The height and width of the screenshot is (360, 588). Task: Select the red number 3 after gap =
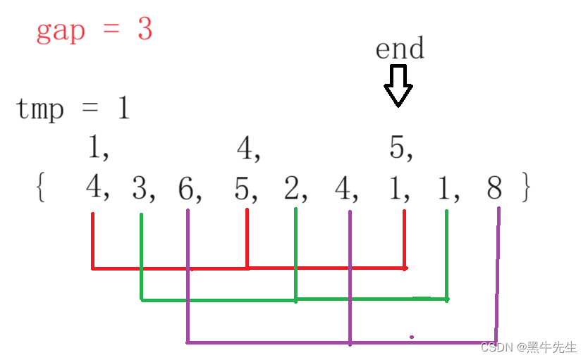coord(145,30)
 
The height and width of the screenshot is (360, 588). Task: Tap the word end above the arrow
coord(400,49)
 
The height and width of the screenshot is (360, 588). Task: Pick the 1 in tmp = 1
coord(123,109)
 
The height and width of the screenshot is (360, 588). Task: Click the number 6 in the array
coord(186,188)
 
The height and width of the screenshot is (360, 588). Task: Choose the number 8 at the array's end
coord(496,188)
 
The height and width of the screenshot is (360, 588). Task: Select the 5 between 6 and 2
coord(242,188)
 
